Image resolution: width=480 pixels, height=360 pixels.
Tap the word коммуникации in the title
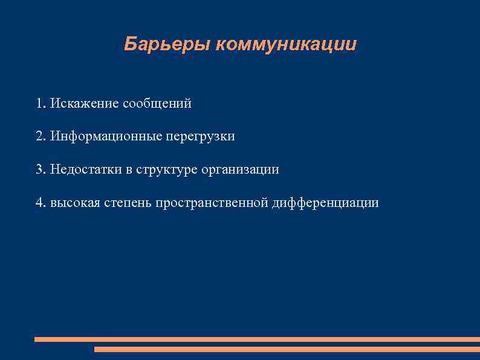[x=286, y=45]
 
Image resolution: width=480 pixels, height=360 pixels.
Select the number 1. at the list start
[x=41, y=103]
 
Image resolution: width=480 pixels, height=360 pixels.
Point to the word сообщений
[x=157, y=103]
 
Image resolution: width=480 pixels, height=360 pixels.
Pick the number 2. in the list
[x=41, y=137]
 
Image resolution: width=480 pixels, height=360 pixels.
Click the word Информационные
[x=106, y=137]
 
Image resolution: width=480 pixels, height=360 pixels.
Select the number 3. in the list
[x=41, y=169]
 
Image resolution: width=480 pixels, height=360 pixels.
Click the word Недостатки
[x=86, y=169]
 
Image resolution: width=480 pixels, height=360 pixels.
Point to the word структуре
[x=166, y=169]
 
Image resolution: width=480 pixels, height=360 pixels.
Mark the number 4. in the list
[x=41, y=203]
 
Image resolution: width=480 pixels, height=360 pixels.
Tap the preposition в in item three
[x=128, y=170]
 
